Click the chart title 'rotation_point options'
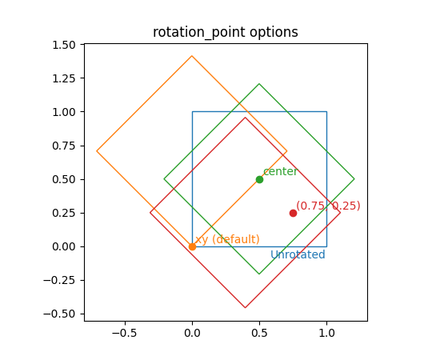226,33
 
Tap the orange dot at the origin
192,246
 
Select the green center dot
259,179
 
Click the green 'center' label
280,171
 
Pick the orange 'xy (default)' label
227,239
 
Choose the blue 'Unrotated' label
298,255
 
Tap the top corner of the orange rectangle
192,56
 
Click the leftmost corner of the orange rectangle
97,151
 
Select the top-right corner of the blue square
326,112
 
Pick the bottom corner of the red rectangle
246,308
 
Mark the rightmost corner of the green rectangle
354,179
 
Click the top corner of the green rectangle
259,84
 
